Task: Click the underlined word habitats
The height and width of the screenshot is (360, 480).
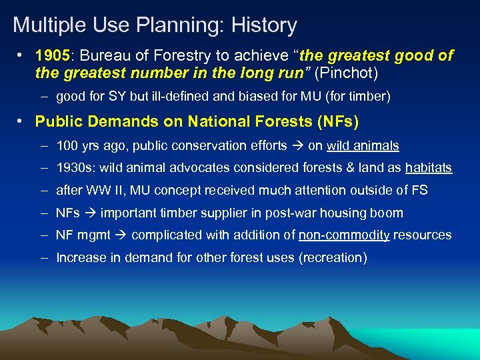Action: pos(429,168)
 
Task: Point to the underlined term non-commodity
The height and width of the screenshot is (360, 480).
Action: pos(344,235)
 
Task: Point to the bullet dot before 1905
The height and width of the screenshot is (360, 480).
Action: pos(22,55)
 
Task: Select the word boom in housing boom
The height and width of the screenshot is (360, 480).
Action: pos(388,213)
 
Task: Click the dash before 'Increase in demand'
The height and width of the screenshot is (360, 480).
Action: pos(43,257)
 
